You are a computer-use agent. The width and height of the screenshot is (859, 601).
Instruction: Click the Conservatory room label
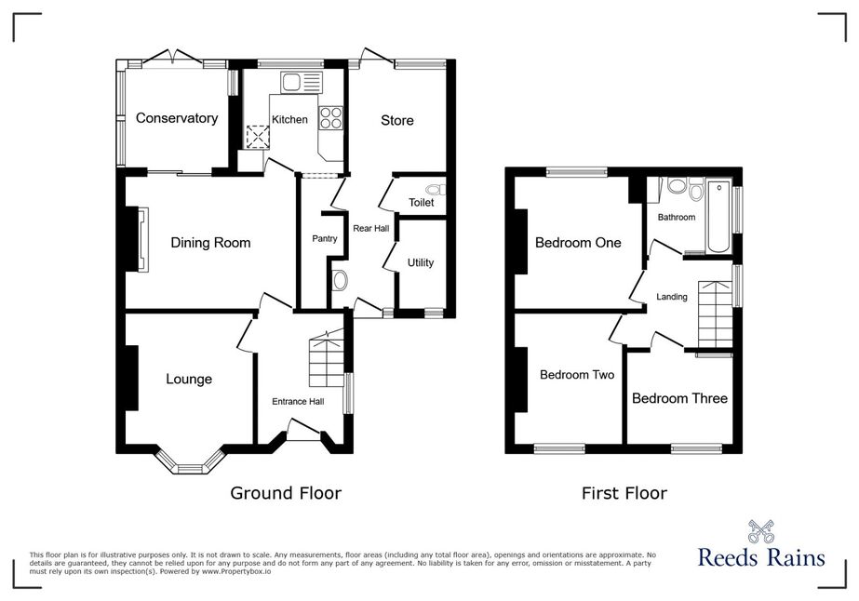(177, 118)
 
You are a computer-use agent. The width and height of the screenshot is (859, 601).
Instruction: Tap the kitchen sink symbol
(301, 82)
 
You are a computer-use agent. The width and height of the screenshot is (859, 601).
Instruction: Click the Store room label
(397, 121)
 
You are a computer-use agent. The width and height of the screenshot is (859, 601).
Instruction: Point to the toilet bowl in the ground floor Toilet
(436, 190)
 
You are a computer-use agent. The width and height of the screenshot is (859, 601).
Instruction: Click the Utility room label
(420, 263)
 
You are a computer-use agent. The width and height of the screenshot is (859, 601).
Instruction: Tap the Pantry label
(324, 239)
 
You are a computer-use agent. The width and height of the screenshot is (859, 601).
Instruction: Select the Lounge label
(189, 380)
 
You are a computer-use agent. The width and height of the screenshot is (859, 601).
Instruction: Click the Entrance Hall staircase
(326, 359)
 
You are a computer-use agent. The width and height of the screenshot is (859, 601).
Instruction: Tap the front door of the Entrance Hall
(304, 429)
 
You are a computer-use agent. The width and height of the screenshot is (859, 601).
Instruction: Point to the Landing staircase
(715, 314)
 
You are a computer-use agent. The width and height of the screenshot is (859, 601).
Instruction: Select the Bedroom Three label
(679, 398)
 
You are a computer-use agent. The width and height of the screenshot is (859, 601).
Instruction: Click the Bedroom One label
(578, 243)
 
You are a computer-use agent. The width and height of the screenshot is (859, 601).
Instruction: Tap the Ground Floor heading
(286, 493)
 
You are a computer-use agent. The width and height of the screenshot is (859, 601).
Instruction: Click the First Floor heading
(624, 494)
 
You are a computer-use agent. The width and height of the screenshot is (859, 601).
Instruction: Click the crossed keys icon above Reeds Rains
(761, 531)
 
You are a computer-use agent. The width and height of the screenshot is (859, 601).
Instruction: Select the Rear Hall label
(371, 229)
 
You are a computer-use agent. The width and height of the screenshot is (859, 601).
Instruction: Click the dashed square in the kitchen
(256, 137)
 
